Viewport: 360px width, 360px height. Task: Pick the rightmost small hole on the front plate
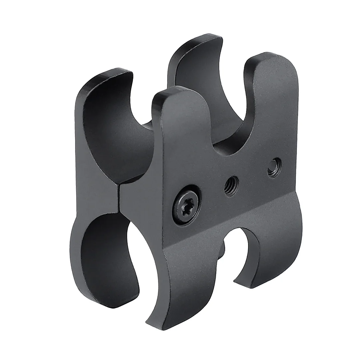coord(274,167)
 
